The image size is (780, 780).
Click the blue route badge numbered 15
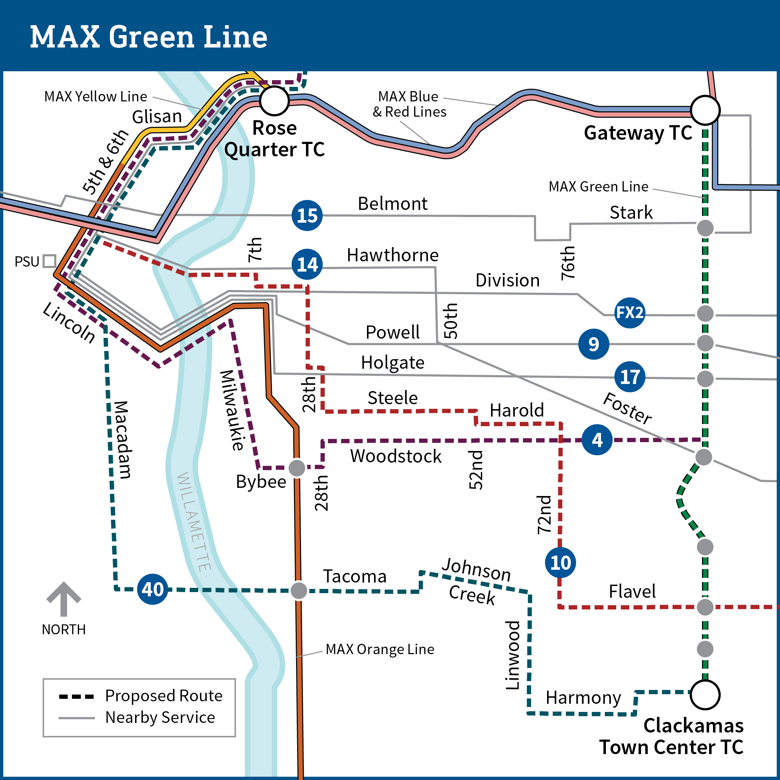pyautogui.click(x=307, y=216)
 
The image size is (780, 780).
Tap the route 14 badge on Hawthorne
pyautogui.click(x=307, y=264)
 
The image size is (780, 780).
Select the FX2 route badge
pyautogui.click(x=629, y=312)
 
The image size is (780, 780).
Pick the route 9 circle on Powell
pyautogui.click(x=594, y=344)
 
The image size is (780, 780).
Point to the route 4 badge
pyautogui.click(x=597, y=440)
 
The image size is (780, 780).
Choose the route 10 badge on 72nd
pyautogui.click(x=561, y=562)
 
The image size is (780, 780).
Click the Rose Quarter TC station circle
pyautogui.click(x=274, y=101)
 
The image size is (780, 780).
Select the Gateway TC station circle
pyautogui.click(x=705, y=110)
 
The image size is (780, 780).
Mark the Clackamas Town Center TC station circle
pyautogui.click(x=705, y=695)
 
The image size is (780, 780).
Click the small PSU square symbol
pyautogui.click(x=50, y=261)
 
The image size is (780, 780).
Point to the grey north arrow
pyautogui.click(x=64, y=599)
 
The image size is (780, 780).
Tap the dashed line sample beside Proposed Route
pyautogui.click(x=76, y=696)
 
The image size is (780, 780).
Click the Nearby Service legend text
pyautogui.click(x=160, y=717)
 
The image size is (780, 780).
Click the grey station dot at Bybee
pyautogui.click(x=297, y=468)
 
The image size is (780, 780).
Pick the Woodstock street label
pyautogui.click(x=396, y=456)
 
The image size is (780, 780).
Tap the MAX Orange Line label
pyautogui.click(x=380, y=649)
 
